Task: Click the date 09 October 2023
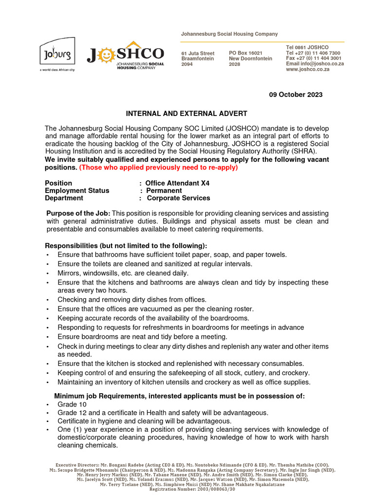[x=296, y=95]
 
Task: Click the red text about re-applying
[x=158, y=168]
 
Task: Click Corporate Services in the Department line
[x=178, y=198]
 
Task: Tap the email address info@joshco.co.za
[x=325, y=64]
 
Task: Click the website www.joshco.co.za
[x=308, y=69]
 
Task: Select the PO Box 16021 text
[x=245, y=53]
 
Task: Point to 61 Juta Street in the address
[x=198, y=53]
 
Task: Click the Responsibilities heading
[x=126, y=245]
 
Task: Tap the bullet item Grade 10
[x=67, y=404]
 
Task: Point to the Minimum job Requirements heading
[x=179, y=396]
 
